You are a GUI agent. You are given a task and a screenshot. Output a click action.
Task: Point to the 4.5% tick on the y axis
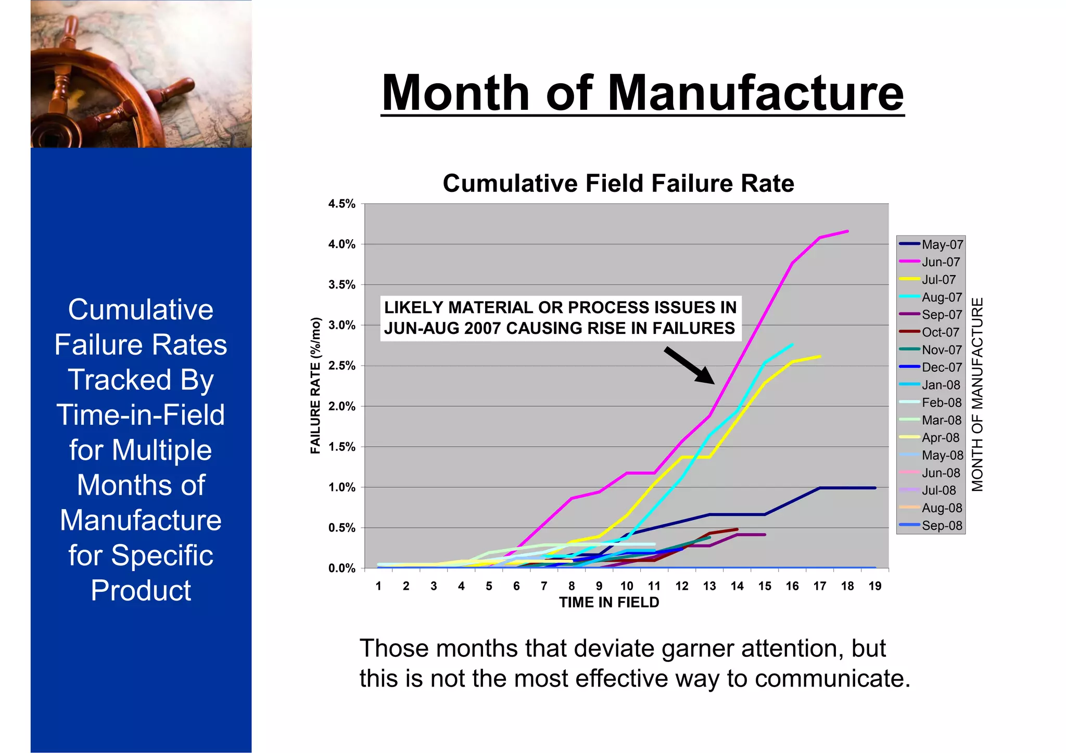coord(341,204)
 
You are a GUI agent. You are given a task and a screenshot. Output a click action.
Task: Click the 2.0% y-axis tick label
coord(341,406)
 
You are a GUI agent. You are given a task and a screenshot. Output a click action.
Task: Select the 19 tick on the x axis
coord(875,586)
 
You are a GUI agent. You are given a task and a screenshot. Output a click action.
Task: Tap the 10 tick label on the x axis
coord(627,586)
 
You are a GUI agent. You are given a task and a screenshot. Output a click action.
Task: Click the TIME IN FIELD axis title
coord(609,602)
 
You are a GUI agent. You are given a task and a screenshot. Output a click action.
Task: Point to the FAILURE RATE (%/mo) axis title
coord(315,385)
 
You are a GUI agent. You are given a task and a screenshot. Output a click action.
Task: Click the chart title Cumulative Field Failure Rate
coord(618,184)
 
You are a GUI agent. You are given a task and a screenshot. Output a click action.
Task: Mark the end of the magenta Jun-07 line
coord(847,231)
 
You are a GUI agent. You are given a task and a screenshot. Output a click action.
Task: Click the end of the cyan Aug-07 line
coord(792,345)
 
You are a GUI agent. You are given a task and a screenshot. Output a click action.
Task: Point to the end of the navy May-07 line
coord(875,488)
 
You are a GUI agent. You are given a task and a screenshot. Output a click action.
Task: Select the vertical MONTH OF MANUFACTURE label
coord(978,394)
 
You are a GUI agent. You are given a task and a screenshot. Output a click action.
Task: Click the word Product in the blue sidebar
coord(141,590)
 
